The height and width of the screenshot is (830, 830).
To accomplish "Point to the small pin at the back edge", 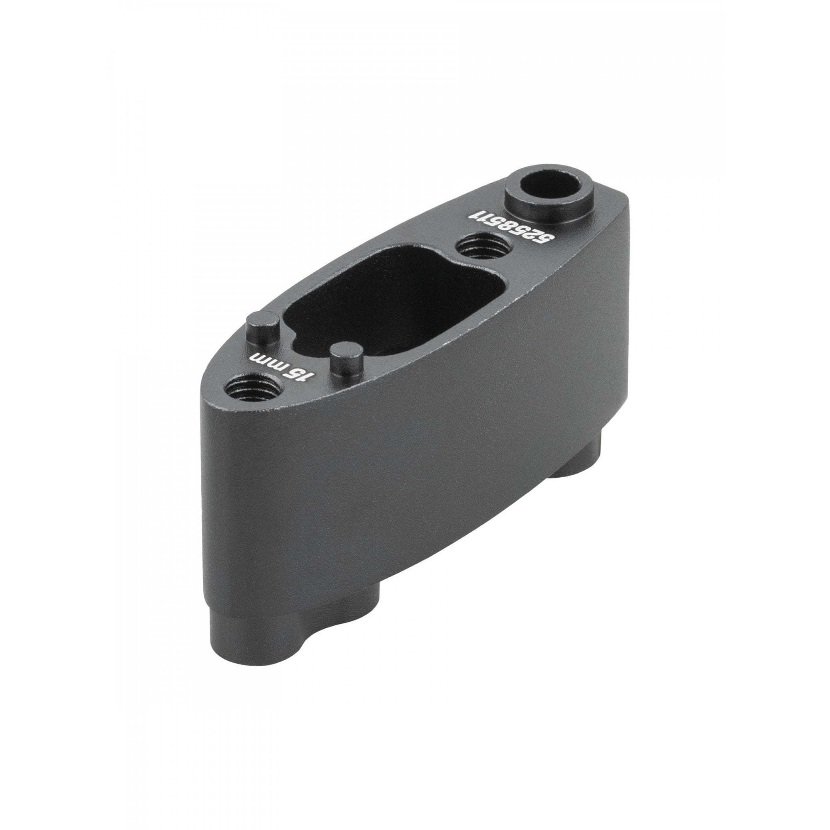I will (x=263, y=329).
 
